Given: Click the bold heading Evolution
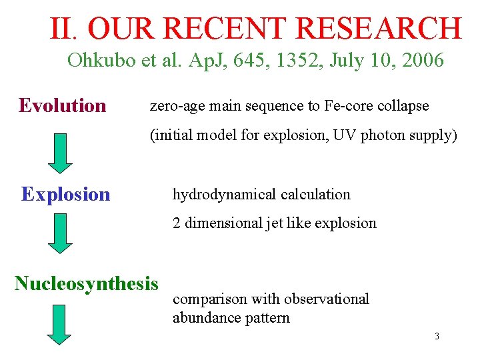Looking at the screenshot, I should [63, 105].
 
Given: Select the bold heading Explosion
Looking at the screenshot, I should [65, 194].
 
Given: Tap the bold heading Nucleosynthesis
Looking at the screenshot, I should [87, 283].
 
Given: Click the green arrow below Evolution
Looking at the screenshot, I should [61, 152].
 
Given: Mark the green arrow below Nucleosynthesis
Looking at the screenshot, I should [61, 325].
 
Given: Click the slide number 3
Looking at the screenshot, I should [437, 336].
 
